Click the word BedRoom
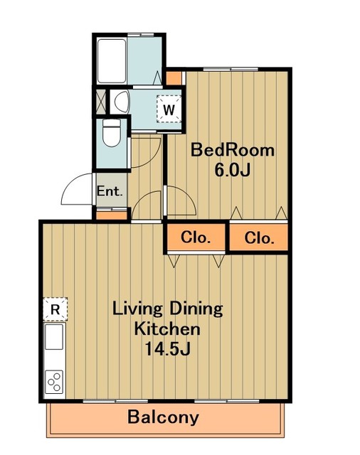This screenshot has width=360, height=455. pyautogui.click(x=232, y=150)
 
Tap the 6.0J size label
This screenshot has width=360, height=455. pyautogui.click(x=232, y=171)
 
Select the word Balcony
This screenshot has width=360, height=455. pyautogui.click(x=163, y=417)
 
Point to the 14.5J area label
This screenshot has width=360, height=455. pyautogui.click(x=167, y=349)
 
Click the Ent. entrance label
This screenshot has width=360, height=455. pyautogui.click(x=110, y=191)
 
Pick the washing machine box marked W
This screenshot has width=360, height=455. pyautogui.click(x=169, y=109)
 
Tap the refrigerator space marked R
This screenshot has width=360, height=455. pyautogui.click(x=55, y=309)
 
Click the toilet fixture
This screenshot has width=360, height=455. pyautogui.click(x=112, y=133)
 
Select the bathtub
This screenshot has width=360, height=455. pyautogui.click(x=112, y=61)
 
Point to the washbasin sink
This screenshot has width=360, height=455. pyautogui.click(x=122, y=102)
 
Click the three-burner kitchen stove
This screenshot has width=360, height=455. pyautogui.click(x=54, y=382)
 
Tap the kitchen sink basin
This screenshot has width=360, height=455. pyautogui.click(x=54, y=336)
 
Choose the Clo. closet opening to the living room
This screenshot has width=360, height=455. pyautogui.click(x=195, y=237)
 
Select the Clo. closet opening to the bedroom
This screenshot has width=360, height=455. pyautogui.click(x=259, y=237)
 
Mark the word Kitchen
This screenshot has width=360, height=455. pyautogui.click(x=167, y=329)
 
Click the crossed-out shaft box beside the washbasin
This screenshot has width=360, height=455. pyautogui.click(x=101, y=102)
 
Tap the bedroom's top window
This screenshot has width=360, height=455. pyautogui.click(x=231, y=69)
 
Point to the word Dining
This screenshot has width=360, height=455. pyautogui.click(x=196, y=310)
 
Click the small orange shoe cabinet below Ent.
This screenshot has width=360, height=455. pyautogui.click(x=112, y=215)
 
